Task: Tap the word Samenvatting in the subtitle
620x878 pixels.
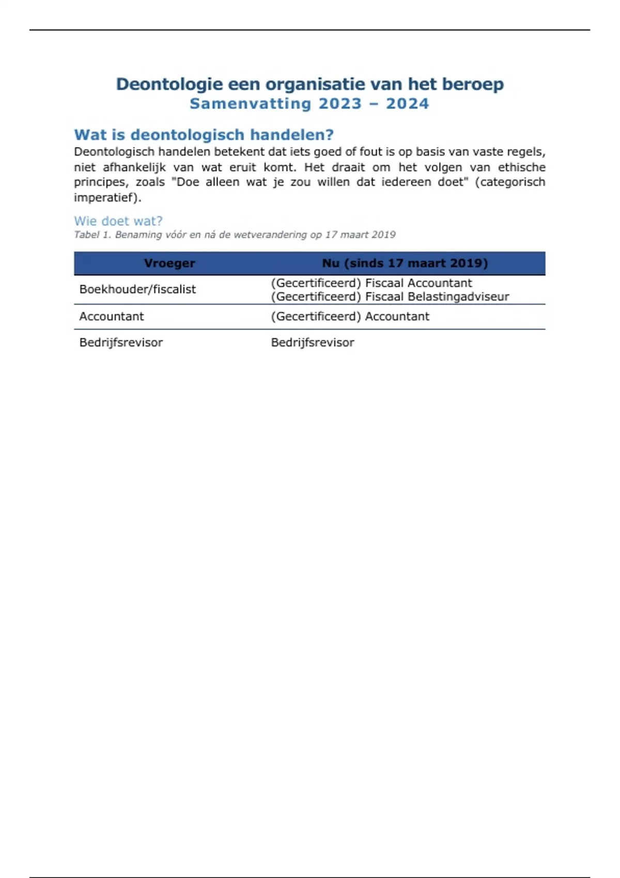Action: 250,104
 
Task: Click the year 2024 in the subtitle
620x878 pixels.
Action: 407,104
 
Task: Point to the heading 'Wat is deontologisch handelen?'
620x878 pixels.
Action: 204,135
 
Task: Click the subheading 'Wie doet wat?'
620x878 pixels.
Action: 118,221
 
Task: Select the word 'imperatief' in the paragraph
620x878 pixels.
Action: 105,197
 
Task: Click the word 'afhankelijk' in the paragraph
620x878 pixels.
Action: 134,167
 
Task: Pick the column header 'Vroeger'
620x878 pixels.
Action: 169,263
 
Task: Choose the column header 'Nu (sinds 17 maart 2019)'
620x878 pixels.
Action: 405,263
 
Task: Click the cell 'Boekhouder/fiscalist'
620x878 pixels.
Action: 137,289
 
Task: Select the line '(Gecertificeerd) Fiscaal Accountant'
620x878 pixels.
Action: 371,283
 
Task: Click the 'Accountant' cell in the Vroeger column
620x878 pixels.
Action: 111,317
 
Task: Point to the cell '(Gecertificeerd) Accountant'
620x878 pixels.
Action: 350,317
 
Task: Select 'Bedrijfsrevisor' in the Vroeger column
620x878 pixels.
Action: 121,342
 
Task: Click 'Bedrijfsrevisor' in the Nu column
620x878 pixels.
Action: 312,342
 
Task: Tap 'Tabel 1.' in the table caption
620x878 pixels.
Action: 92,235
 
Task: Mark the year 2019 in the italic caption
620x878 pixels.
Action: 383,235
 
